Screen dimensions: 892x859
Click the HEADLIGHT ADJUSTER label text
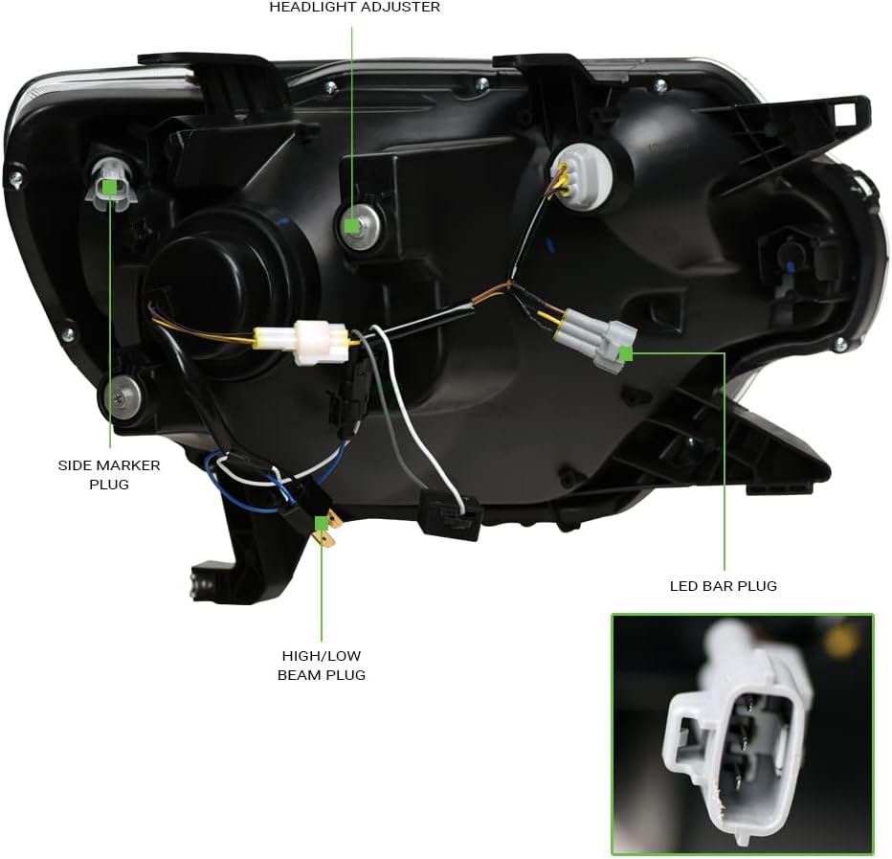click(x=354, y=8)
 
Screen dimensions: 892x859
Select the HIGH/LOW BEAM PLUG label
click(x=322, y=665)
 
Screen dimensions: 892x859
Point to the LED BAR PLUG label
click(x=724, y=585)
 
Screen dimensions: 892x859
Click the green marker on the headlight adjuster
click(x=352, y=226)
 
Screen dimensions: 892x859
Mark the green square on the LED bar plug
click(x=626, y=353)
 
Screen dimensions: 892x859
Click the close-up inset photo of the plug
click(x=742, y=734)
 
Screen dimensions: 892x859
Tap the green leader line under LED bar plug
click(x=725, y=460)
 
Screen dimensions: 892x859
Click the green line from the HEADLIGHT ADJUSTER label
click(x=352, y=115)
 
